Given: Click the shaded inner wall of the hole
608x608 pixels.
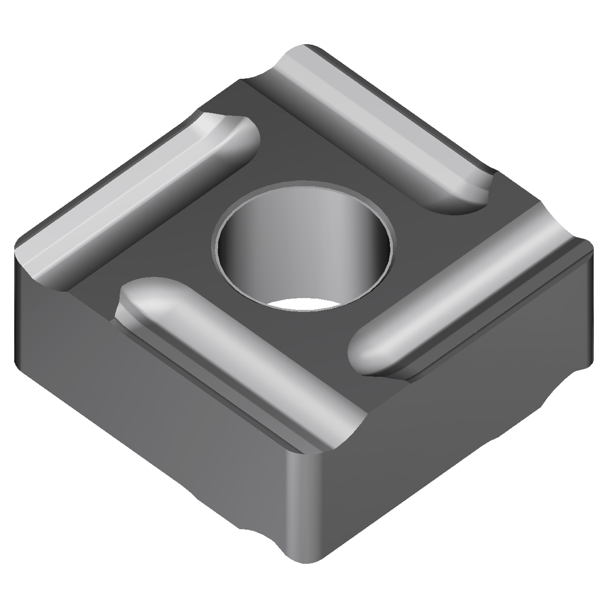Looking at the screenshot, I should (266, 247).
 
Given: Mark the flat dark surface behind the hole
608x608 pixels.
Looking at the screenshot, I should (304, 142).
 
